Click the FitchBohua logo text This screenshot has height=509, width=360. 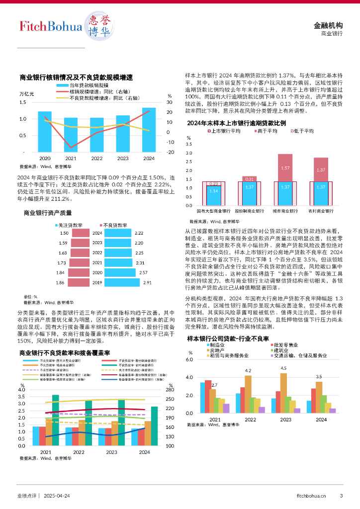click(51, 26)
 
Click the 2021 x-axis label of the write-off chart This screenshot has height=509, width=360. click(71, 158)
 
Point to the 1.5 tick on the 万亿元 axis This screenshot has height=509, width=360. click(23, 102)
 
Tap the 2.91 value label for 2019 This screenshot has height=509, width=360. click(147, 282)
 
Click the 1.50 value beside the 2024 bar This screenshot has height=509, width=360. click(64, 233)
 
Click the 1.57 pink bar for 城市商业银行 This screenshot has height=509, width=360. click(285, 168)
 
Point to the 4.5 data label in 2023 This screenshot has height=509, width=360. click(283, 368)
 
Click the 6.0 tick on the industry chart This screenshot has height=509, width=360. click(189, 359)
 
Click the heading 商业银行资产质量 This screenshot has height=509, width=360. click(48, 213)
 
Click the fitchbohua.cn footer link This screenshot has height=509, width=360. click(311, 495)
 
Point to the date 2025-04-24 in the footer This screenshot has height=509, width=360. click(57, 495)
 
